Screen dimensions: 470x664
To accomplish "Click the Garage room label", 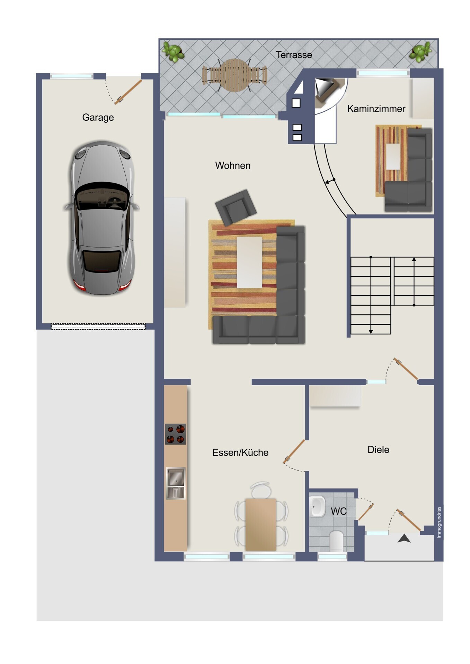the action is (x=98, y=118).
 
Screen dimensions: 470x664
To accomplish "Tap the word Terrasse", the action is (x=294, y=55).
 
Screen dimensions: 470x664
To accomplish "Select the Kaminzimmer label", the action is (x=376, y=109).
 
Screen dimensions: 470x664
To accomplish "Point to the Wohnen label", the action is (x=233, y=165).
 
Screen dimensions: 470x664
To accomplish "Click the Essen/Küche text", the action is (x=240, y=452).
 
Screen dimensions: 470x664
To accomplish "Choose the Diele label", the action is (x=378, y=450).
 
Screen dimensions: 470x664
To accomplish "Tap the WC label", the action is (x=338, y=511).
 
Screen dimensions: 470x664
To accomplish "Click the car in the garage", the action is (x=101, y=218).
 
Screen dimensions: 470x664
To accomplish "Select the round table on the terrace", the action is (x=235, y=75).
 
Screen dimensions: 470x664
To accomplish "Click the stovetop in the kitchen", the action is (x=175, y=434).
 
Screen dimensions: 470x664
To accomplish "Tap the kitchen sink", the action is (x=176, y=483).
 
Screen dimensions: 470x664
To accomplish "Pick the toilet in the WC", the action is (x=336, y=541).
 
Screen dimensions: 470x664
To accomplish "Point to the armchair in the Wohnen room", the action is (x=236, y=207).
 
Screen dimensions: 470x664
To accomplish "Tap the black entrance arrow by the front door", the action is (x=404, y=538).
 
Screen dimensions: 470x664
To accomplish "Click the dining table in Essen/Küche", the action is (x=261, y=524).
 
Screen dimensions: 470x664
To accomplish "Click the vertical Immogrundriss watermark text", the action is (x=439, y=522).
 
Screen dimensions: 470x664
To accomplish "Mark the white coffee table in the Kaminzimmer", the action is (x=393, y=156).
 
